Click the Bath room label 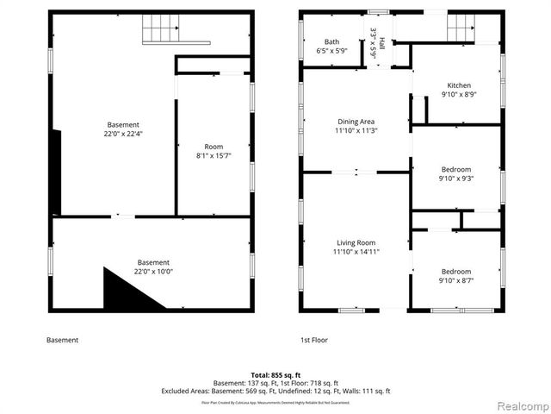pyautogui.click(x=331, y=42)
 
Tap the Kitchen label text pyautogui.click(x=458, y=85)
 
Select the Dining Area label pyautogui.click(x=356, y=122)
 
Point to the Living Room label pyautogui.click(x=356, y=243)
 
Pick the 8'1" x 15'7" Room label pyautogui.click(x=213, y=147)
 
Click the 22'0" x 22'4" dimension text pyautogui.click(x=123, y=134)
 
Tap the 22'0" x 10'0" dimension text pyautogui.click(x=153, y=272)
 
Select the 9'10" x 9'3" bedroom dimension pyautogui.click(x=456, y=179)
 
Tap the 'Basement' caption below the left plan pyautogui.click(x=62, y=340)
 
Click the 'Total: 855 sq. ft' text pyautogui.click(x=275, y=376)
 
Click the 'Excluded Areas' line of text pyautogui.click(x=275, y=391)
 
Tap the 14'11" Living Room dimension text pyautogui.click(x=356, y=252)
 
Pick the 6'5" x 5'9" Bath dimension pyautogui.click(x=331, y=51)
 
